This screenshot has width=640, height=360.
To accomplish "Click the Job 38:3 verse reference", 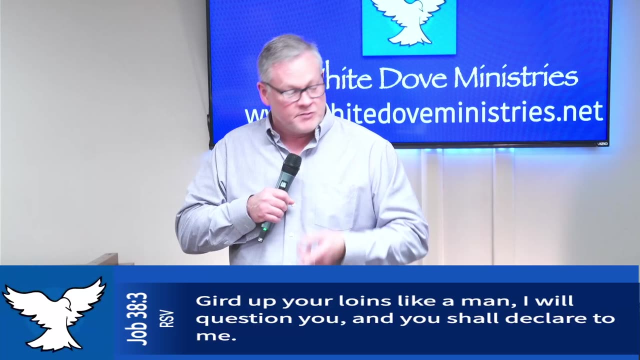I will tap(137, 318).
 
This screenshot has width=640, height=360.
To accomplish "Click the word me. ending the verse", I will tap(215, 336).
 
